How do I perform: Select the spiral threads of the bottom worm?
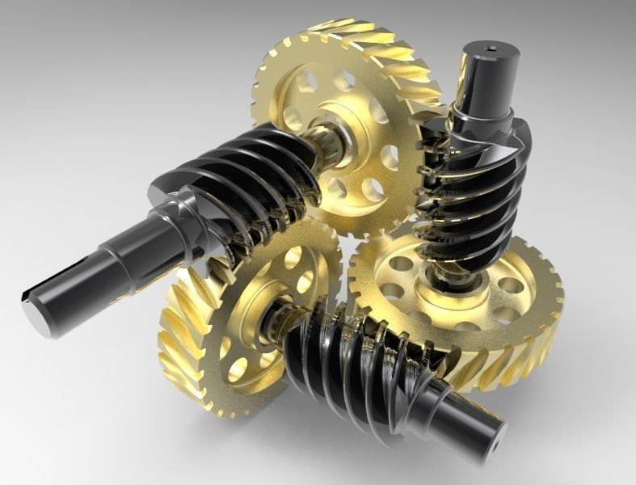pyautogui.click(x=356, y=356)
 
